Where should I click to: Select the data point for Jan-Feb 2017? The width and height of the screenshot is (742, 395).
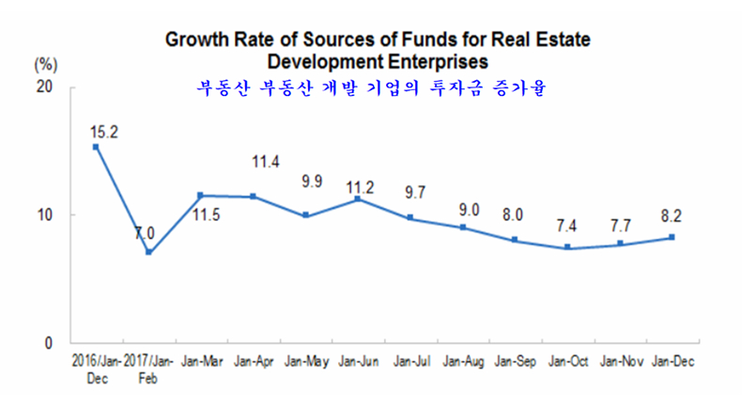pyautogui.click(x=148, y=252)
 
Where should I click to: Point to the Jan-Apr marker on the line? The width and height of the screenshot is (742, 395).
pyautogui.click(x=254, y=197)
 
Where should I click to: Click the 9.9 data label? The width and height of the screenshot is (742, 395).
pyautogui.click(x=306, y=179)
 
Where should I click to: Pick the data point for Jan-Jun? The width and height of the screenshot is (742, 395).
pyautogui.click(x=358, y=198)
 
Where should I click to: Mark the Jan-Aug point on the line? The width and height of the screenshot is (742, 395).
pyautogui.click(x=463, y=228)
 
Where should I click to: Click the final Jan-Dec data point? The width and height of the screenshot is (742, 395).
pyautogui.click(x=672, y=237)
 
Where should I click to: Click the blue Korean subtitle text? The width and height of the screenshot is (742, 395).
pyautogui.click(x=371, y=90)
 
